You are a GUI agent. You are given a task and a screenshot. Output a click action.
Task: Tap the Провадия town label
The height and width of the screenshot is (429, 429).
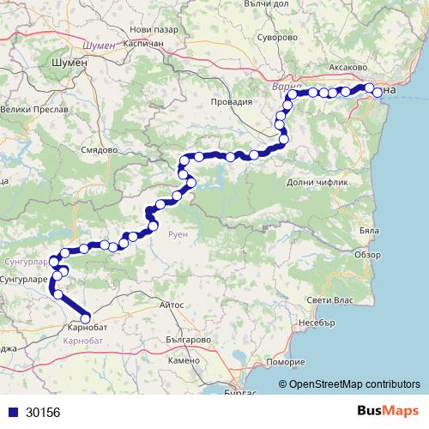233,101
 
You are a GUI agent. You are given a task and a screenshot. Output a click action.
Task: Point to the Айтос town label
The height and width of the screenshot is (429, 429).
172,305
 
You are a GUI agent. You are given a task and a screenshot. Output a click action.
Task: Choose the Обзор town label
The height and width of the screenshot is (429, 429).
366,255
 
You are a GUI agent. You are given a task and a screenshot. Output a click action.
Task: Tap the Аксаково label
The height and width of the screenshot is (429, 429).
348,66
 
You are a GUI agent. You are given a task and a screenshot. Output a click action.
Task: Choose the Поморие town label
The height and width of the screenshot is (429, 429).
286,362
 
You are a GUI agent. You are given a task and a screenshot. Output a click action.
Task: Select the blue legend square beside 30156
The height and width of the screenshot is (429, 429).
13,413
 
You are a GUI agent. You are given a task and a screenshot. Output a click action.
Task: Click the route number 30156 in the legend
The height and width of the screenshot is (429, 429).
43,413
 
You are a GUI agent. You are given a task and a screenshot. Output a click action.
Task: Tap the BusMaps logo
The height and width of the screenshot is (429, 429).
385,411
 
